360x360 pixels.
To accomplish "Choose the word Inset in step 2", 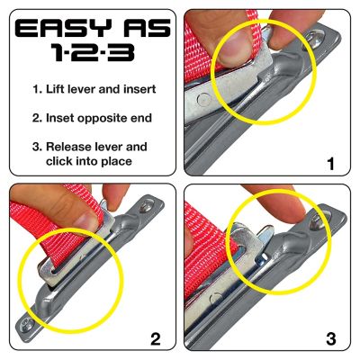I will click(62, 119).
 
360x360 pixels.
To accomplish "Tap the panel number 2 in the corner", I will click(156, 339).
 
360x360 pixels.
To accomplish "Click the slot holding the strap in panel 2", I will click(54, 265).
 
